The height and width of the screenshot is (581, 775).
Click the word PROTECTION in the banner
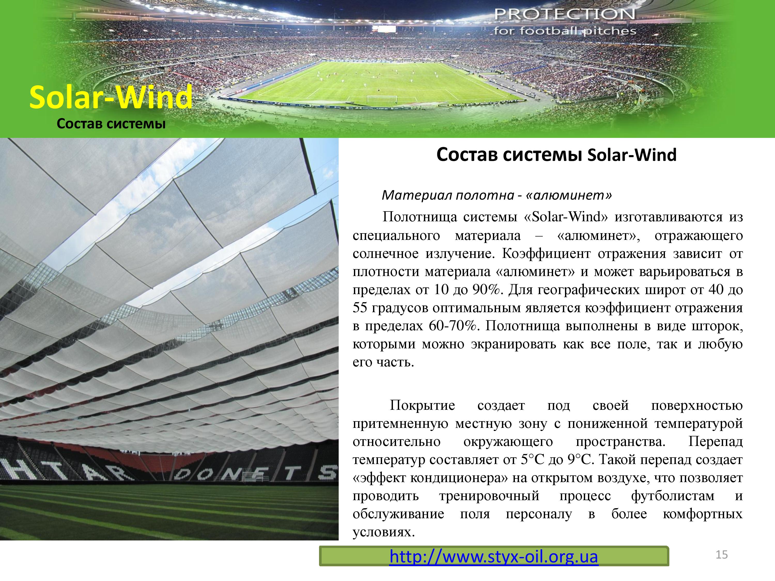(564, 14)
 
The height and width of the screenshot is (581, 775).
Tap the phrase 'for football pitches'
(564, 31)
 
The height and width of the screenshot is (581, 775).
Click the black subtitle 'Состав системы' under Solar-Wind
(111, 124)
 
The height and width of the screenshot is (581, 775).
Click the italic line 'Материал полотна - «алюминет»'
(497, 195)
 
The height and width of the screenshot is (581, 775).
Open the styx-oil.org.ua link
(494, 556)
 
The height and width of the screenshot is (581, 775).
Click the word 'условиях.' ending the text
(384, 532)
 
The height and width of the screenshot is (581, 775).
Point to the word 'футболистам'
(672, 496)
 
